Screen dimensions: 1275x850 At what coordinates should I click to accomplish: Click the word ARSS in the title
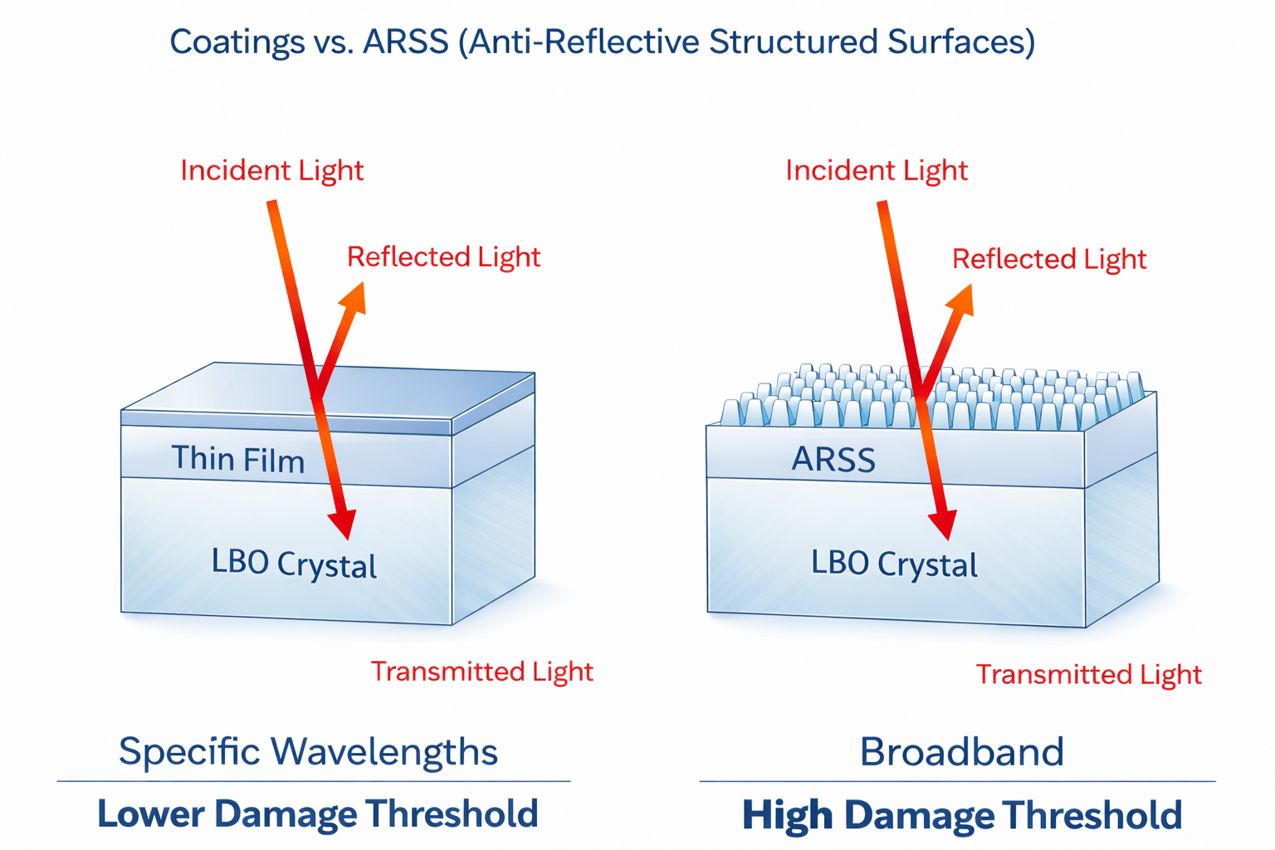[x=405, y=42]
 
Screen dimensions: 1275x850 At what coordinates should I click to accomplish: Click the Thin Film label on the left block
[x=238, y=459]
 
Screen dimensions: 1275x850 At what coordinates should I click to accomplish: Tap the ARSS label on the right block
[x=833, y=459]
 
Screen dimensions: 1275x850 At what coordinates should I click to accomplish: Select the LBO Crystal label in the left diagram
[x=294, y=564]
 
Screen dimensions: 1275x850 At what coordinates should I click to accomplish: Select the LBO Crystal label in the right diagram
[x=894, y=564]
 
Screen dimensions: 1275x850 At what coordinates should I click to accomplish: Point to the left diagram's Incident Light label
[x=272, y=171]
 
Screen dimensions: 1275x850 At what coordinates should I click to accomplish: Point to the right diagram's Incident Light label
[x=877, y=171]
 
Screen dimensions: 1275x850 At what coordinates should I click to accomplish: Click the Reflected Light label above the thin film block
[x=443, y=257]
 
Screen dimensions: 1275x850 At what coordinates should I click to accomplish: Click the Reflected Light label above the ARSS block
[x=1049, y=260]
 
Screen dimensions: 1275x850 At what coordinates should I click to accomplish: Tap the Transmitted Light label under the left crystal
[x=482, y=672]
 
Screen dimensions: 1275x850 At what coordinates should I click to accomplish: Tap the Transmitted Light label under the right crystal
[x=1089, y=675]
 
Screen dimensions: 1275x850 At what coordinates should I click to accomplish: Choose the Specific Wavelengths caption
[x=308, y=752]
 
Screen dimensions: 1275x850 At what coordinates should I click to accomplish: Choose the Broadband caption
[x=961, y=751]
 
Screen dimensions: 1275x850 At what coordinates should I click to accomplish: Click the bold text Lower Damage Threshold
[x=318, y=813]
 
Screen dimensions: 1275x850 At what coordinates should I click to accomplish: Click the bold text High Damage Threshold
[x=962, y=815]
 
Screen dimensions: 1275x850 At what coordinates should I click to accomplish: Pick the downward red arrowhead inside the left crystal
[x=343, y=523]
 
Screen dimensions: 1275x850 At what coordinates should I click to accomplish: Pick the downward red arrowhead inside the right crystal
[x=943, y=524]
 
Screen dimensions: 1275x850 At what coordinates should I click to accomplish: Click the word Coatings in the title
[x=237, y=42]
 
